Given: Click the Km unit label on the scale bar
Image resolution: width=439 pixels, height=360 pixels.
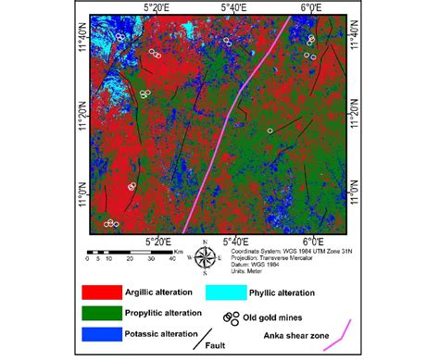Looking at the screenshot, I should pos(178,250).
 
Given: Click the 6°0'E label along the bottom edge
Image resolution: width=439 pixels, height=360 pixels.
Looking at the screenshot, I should pos(311,242).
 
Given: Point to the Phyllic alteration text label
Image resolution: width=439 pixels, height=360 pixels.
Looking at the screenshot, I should pos(282,293).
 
